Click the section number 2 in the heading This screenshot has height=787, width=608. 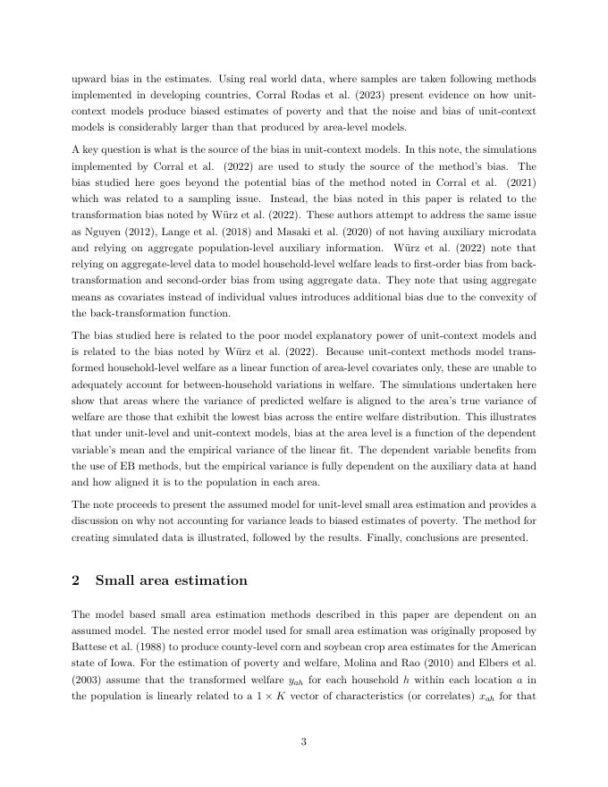pyautogui.click(x=76, y=580)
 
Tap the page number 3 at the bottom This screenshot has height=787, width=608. pyautogui.click(x=304, y=741)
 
